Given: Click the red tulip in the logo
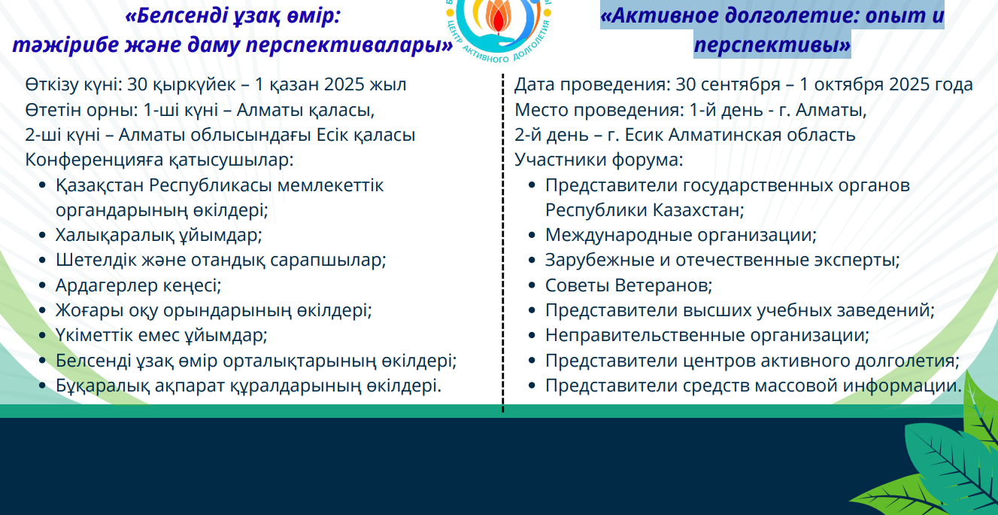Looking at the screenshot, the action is click(499, 18).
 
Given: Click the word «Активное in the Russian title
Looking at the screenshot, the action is click(660, 15).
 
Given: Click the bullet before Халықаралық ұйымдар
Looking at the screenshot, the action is click(42, 235).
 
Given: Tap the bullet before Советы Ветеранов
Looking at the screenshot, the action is click(532, 285).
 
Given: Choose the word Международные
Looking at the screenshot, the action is click(618, 235).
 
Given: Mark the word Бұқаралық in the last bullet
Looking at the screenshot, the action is click(102, 385).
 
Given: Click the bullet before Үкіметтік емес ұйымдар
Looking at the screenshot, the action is click(42, 335).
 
